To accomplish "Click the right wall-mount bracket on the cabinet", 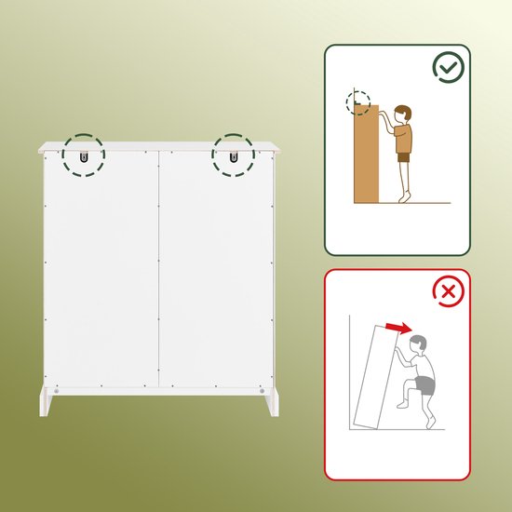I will pos(232,155).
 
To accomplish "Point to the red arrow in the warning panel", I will pos(398,327).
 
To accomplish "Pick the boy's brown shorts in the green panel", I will pos(404,157).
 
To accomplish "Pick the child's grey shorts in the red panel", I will pos(425,384).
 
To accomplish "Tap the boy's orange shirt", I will pos(405,138).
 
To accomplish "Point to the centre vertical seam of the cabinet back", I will pos(159,270).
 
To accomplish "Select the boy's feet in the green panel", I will pos(402,196).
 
